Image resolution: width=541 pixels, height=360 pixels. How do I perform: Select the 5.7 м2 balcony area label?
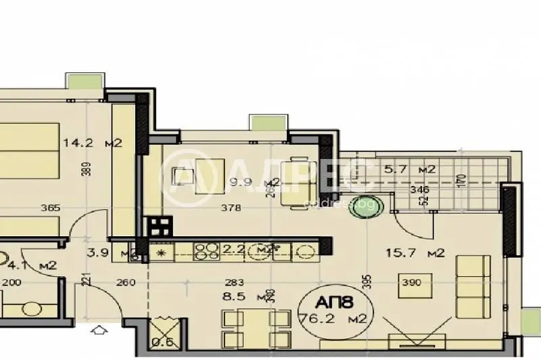409,169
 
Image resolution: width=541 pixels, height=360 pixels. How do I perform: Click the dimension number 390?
411,283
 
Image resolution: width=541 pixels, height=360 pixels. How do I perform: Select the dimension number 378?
231,208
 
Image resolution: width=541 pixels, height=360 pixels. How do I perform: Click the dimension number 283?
234,283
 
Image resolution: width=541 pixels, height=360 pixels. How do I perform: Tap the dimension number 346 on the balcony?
420,189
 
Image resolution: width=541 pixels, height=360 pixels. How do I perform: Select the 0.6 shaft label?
162,341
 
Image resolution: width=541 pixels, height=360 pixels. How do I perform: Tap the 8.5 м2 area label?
238,296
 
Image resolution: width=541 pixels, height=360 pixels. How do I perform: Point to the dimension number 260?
126,283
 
